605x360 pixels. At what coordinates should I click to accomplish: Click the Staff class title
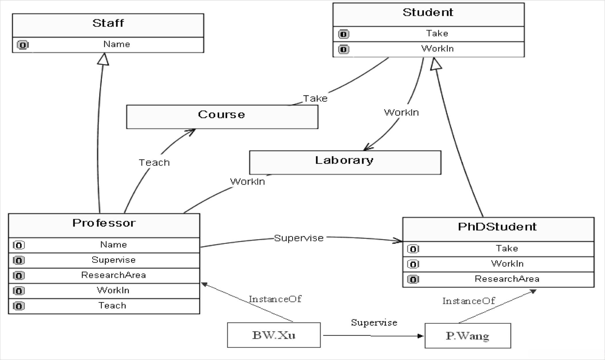point(108,23)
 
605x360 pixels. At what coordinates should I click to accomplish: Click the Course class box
point(222,117)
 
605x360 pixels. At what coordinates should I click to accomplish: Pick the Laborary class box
point(345,162)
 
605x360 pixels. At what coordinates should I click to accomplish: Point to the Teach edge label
point(154,163)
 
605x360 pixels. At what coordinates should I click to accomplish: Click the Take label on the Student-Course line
point(315,99)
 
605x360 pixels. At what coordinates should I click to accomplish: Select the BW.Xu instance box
point(274,335)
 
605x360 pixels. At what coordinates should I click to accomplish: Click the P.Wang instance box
point(468,336)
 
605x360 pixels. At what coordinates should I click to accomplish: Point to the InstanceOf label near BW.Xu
point(275,299)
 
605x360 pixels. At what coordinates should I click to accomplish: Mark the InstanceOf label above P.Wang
point(469,301)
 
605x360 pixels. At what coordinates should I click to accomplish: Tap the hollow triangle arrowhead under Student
point(435,64)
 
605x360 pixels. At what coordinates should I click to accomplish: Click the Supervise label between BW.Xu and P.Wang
point(374,323)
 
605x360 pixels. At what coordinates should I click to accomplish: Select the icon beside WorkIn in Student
point(344,49)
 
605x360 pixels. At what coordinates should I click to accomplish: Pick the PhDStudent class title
point(497,227)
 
